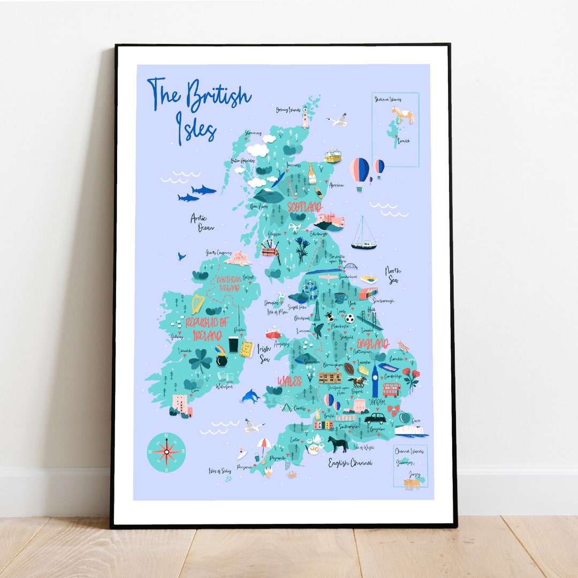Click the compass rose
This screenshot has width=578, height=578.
click(166, 453)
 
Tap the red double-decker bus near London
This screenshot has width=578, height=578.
click(391, 389)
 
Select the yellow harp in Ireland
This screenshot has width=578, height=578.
click(197, 304)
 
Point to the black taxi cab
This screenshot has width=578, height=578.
click(375, 417)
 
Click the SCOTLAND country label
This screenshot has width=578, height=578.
click(305, 207)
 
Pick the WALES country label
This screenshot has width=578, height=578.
click(290, 381)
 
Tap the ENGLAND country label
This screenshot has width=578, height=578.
click(372, 343)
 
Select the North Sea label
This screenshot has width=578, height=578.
click(393, 275)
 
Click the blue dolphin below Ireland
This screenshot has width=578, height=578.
click(250, 396)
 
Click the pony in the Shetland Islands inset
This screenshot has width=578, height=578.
click(402, 114)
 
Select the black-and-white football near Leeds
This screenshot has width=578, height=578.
click(349, 318)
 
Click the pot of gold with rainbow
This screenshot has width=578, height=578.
click(222, 355)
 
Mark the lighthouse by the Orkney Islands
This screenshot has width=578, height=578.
click(306, 117)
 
